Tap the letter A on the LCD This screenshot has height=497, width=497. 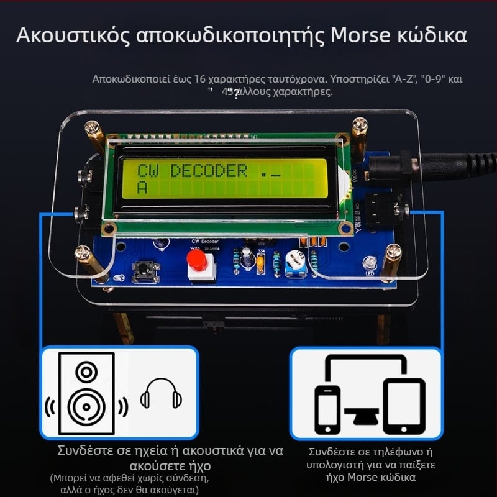142,187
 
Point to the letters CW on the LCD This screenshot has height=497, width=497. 148,170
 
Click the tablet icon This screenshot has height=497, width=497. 404,406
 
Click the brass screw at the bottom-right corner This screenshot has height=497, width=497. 391,254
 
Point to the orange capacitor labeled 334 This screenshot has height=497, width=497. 261,262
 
